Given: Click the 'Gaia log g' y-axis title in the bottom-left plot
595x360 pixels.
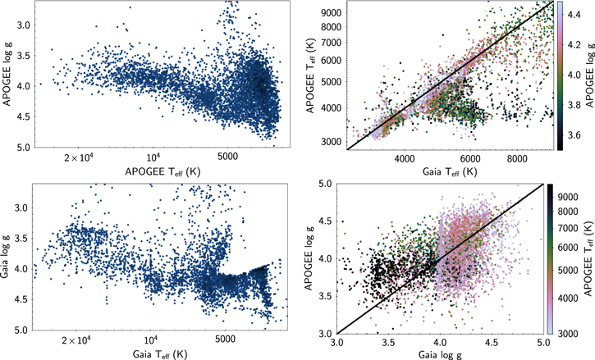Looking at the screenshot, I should pos(8,280).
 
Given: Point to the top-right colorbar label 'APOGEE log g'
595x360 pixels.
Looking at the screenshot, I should pos(588,75).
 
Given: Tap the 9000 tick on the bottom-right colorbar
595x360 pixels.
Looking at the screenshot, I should pos(578,197).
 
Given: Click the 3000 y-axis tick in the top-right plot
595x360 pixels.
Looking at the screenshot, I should pos(328,142).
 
